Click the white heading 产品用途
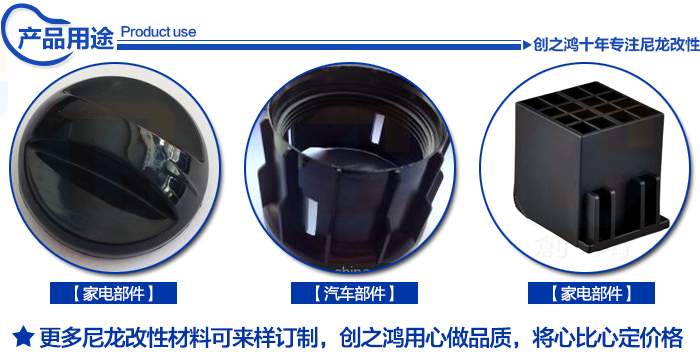coord(62,37)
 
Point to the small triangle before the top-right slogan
coord(527,45)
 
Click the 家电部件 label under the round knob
coord(114,293)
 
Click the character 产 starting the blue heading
coord(27,37)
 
